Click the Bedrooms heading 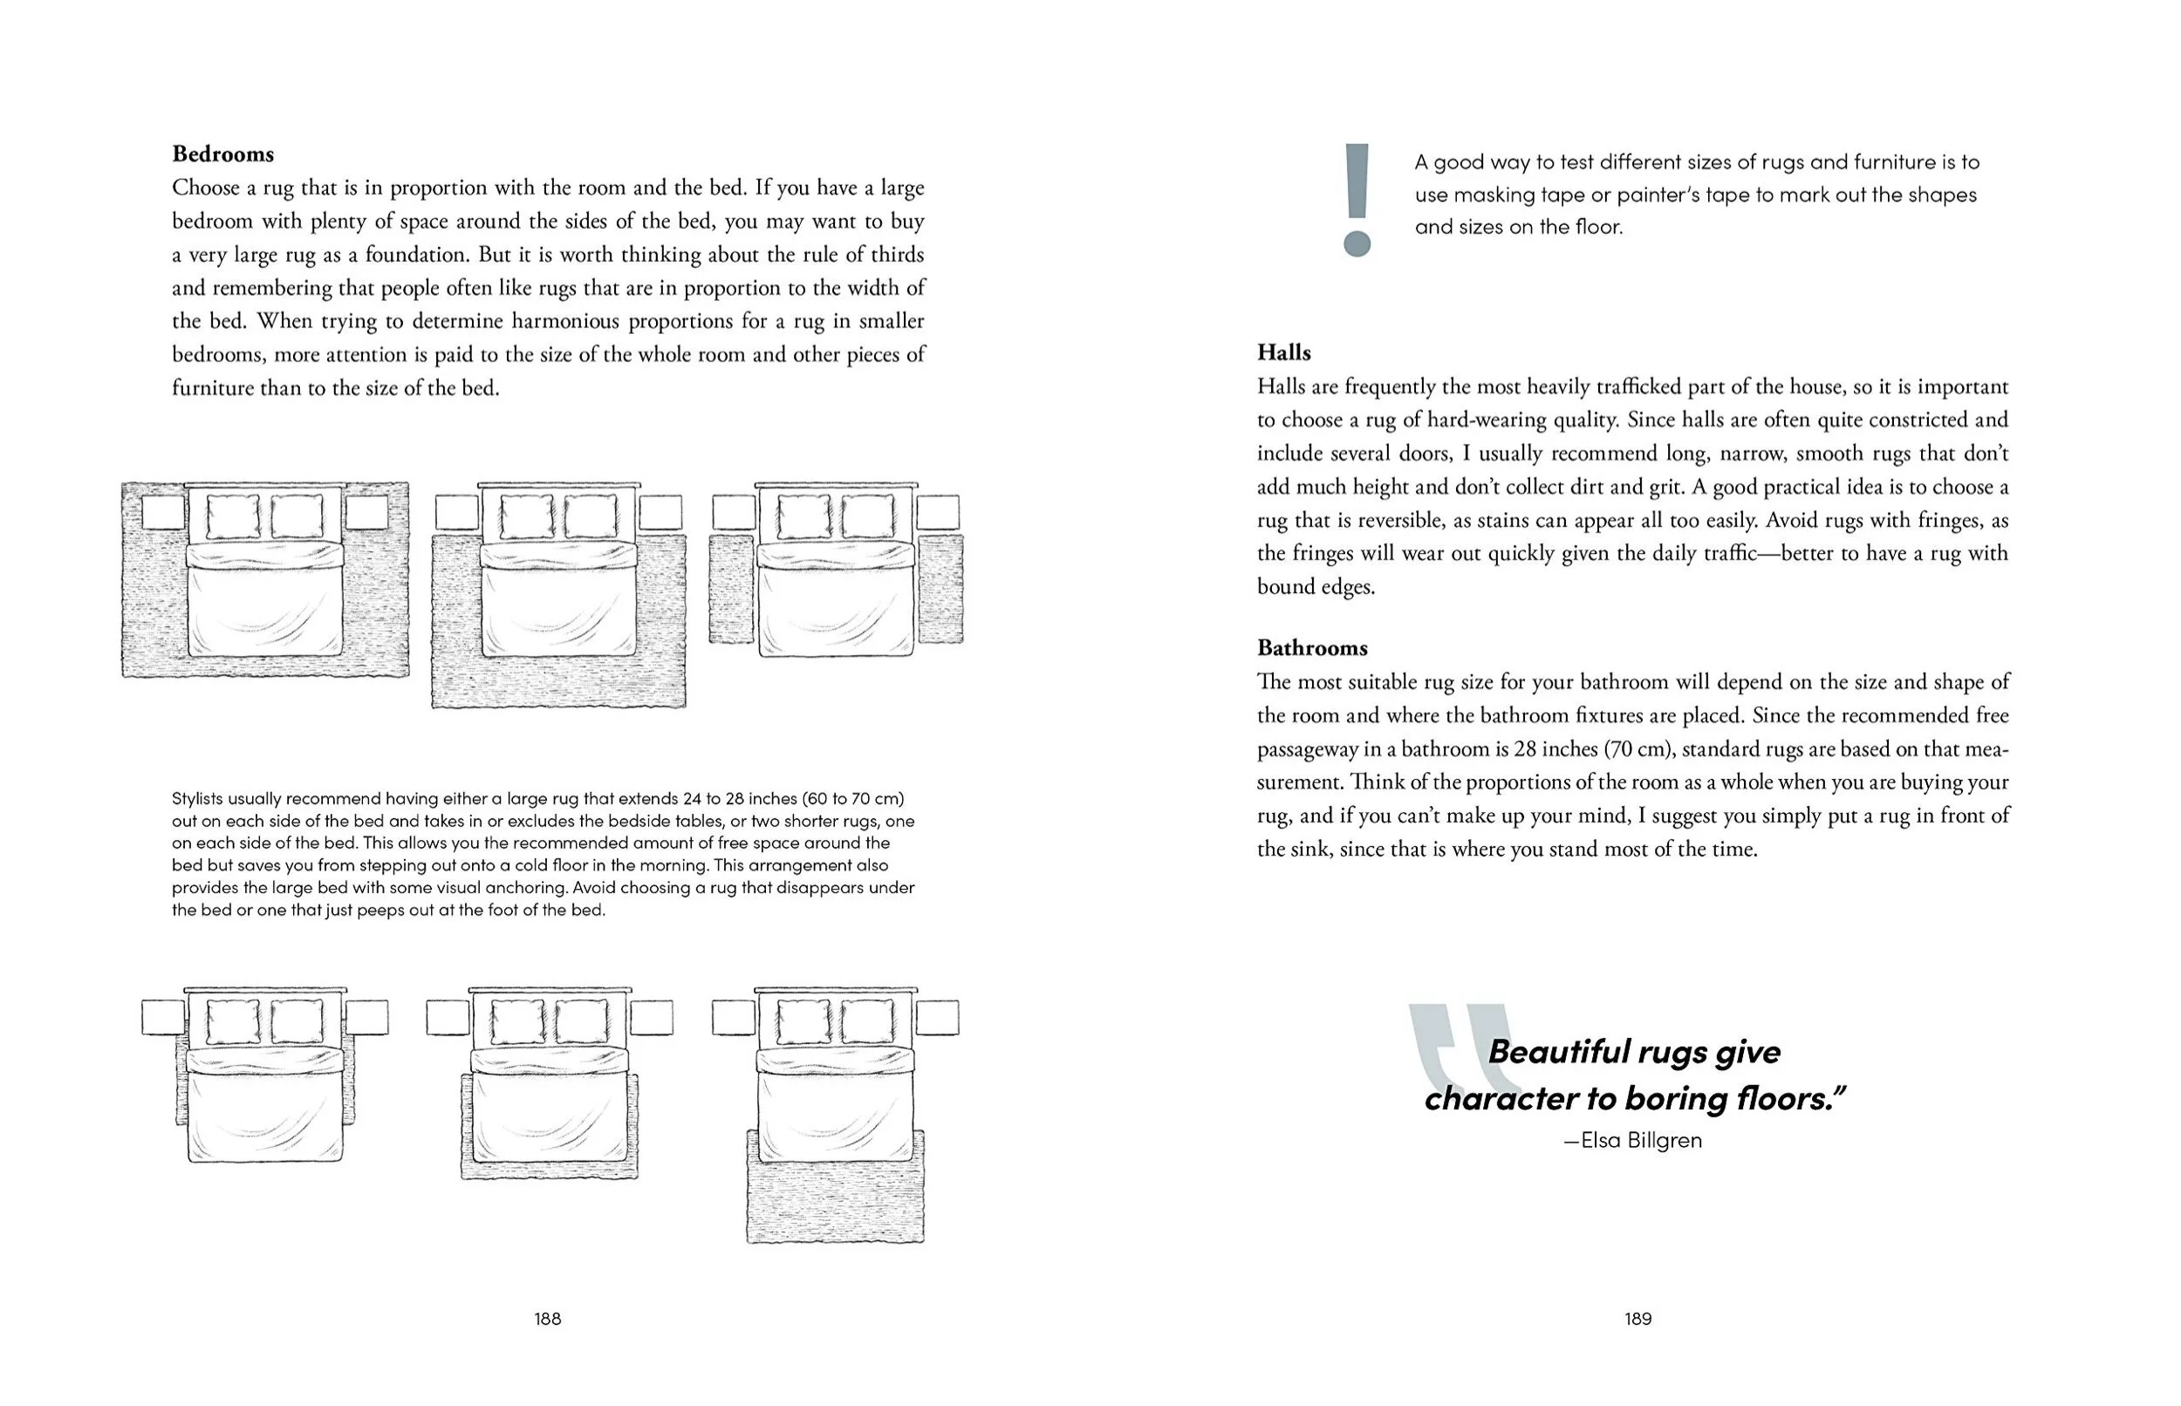coord(222,154)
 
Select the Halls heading coord(1282,353)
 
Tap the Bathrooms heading coord(1311,648)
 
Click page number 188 coord(547,1319)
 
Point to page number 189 coord(1637,1319)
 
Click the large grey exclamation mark coord(1357,200)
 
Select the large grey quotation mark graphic coord(1452,1050)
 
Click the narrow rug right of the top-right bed coord(940,590)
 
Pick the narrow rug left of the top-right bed coord(731,590)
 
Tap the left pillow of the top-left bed coord(233,516)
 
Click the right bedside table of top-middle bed coord(660,512)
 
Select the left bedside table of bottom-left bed coord(163,1017)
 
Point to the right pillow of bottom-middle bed coord(582,1021)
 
